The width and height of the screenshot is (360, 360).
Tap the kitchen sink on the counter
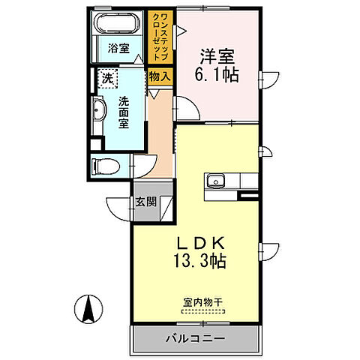click(x=216, y=181)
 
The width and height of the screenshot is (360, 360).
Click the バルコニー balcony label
click(x=196, y=338)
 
